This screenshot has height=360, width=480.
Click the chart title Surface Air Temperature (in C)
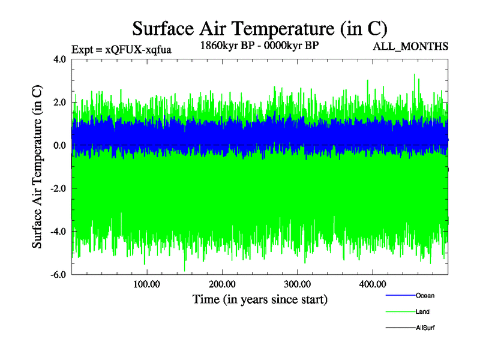tap(259, 28)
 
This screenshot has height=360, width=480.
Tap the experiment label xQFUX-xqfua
tap(122, 50)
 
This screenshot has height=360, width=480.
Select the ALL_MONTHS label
tap(410, 46)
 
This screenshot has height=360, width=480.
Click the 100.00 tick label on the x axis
tap(146, 284)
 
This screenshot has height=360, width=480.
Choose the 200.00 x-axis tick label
tap(222, 284)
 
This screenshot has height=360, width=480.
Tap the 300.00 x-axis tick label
tap(297, 284)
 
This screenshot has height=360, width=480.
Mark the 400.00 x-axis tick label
tap(372, 284)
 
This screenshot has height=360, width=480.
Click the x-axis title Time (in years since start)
tap(260, 299)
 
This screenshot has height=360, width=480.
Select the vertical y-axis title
tap(37, 167)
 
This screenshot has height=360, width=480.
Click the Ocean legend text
tap(425, 296)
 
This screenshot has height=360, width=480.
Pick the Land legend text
tap(422, 312)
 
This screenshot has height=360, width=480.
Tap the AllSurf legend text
tap(425, 328)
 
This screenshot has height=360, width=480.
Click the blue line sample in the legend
tap(400, 296)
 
